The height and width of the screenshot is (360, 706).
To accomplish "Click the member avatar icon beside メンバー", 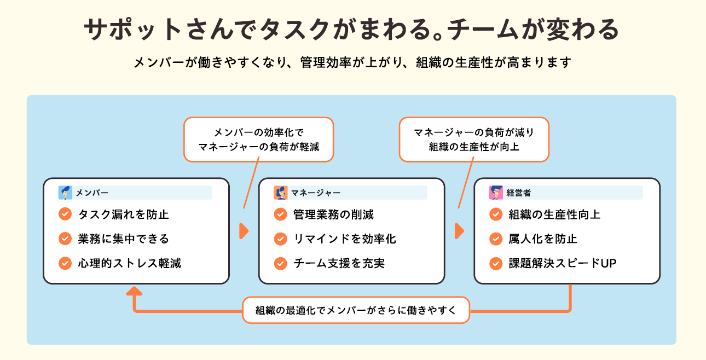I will [x=65, y=193].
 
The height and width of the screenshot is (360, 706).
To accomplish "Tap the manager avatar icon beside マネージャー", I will [x=281, y=193].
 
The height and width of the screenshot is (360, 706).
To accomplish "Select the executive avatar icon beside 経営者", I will [x=496, y=193].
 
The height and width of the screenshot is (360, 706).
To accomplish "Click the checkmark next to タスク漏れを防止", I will [x=65, y=214].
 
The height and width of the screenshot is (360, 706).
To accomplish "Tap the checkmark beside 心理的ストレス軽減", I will [x=65, y=263].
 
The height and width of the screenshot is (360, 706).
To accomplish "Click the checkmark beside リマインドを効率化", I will [x=281, y=239].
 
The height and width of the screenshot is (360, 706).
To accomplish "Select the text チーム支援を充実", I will [x=339, y=263].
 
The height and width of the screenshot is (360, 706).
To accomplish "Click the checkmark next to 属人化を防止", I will [x=496, y=239].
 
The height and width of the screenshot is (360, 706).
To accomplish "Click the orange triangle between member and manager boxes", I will [x=244, y=231].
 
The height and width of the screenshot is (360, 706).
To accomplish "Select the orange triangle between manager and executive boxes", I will [x=459, y=231].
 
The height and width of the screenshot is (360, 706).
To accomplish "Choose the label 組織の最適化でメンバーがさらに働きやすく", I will [x=356, y=310].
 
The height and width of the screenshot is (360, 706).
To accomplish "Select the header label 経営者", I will [x=518, y=193].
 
